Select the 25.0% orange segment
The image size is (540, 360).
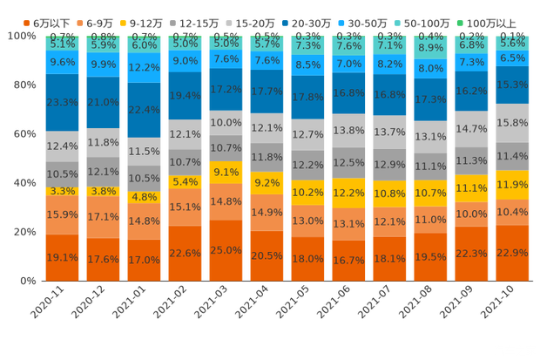click(226, 250)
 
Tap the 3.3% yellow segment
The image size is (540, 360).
click(62, 191)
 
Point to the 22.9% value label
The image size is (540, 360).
click(512, 253)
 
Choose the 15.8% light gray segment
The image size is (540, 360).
click(512, 123)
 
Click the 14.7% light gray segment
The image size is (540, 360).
click(471, 129)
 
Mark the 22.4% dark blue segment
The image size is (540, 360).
click(144, 109)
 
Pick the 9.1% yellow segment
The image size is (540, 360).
click(226, 172)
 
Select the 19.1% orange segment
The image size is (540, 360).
click(62, 258)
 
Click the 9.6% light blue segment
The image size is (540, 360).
click(62, 63)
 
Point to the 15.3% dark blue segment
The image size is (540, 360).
click(512, 85)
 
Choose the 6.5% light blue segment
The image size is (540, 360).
click(512, 58)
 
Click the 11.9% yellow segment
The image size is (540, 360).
click(512, 185)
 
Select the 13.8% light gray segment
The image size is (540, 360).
click(348, 130)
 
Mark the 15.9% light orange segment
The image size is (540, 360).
click(62, 214)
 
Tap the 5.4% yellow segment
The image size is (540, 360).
click(185, 181)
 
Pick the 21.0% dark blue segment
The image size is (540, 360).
click(103, 102)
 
